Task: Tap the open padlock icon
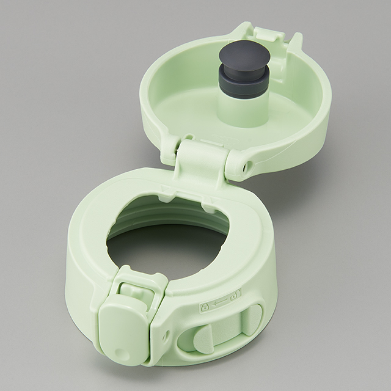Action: pyautogui.click(x=236, y=293)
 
